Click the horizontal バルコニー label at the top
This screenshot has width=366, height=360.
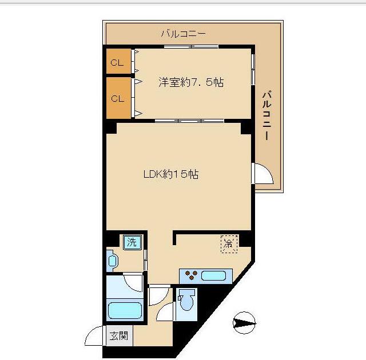184,34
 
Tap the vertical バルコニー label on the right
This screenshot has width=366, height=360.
267,115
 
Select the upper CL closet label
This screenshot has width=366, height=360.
117,62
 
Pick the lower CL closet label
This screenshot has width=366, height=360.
117,99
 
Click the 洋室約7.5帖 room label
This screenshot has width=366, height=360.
191,82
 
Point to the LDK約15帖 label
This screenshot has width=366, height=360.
171,174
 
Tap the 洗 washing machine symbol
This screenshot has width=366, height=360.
132,242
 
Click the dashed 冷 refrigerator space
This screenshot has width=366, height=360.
229,244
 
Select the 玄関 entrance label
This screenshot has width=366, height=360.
119,336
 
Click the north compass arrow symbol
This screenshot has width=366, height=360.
244,323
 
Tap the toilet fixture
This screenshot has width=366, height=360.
186,300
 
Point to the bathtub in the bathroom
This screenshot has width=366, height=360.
125,310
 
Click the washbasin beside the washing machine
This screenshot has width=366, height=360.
112,261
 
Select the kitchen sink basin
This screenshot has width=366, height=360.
213,276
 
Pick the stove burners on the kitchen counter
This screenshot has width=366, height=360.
191,274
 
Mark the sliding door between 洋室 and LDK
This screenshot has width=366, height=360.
189,121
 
